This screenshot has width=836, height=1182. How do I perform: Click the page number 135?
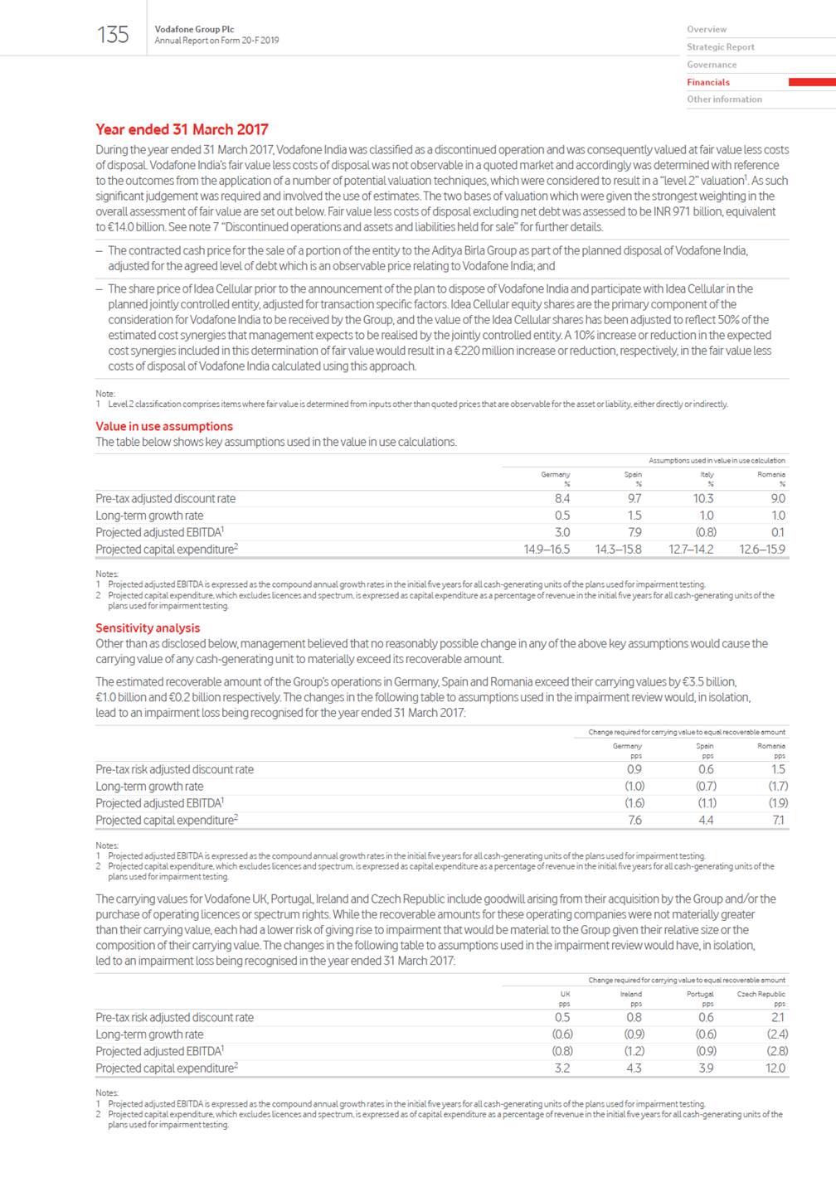113,35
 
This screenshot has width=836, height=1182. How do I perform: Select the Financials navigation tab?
707,82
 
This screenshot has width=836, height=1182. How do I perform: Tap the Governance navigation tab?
711,65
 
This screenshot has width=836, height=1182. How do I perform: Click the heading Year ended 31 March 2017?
182,129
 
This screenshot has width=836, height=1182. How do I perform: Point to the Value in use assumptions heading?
164,426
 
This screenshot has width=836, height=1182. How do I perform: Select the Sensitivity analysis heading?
148,627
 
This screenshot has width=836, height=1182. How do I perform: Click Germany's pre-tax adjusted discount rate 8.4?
561,499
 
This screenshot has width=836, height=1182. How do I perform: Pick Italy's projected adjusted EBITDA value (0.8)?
705,532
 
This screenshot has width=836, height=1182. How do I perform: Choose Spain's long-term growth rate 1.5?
634,516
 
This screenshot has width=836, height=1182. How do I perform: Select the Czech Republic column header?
761,994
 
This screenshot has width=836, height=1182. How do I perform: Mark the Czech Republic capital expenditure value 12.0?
775,1068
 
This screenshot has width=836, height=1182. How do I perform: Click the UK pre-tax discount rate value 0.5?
561,1017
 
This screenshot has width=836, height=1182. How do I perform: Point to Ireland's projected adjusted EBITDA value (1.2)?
634,1051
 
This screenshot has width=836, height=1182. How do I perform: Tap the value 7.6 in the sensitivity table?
634,820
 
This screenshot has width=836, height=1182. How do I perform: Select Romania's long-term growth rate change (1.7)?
777,786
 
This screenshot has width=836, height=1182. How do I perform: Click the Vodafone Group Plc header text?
194,29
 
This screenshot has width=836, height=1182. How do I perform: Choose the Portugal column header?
700,994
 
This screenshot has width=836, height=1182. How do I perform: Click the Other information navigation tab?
724,99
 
